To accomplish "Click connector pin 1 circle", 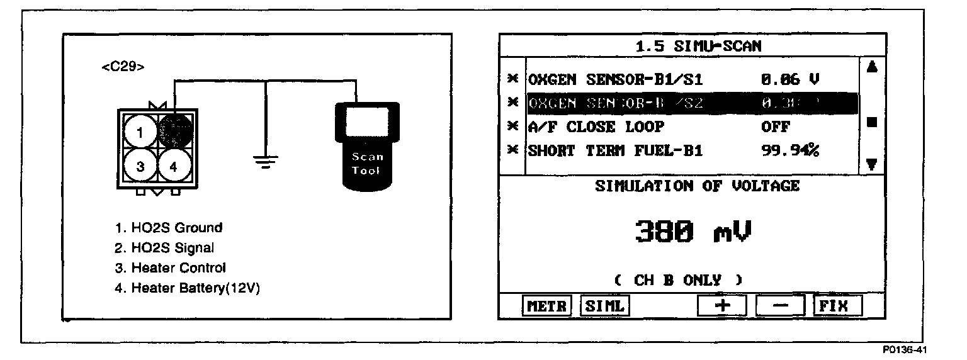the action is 140,132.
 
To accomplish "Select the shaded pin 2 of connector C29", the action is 174,130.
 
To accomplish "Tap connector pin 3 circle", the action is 140,167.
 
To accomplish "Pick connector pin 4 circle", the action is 174,167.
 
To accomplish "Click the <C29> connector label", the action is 123,67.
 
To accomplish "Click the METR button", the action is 546,307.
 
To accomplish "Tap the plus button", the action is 721,307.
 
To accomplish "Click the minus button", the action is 780,307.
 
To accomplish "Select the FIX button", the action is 837,307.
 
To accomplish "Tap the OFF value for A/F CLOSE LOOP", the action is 776,127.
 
